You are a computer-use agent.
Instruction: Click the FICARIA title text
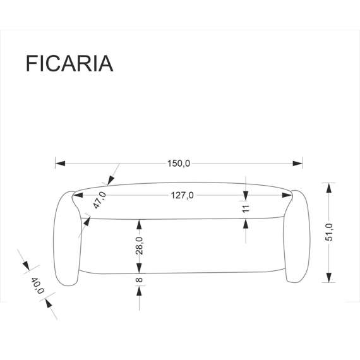pos(69,64)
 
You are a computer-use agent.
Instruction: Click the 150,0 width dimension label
pos(178,164)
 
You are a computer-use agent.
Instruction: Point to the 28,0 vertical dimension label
pos(139,245)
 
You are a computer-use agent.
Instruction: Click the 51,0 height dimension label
pos(337,232)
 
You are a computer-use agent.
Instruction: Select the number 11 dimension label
pos(246,207)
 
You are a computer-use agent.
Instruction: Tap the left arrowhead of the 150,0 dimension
pos(61,164)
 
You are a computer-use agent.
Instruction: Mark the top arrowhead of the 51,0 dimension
pos(327,186)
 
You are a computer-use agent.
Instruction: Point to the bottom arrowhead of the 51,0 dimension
pos(327,278)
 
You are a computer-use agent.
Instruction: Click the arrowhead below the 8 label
pos(139,291)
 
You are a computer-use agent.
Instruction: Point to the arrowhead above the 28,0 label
pos(139,224)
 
